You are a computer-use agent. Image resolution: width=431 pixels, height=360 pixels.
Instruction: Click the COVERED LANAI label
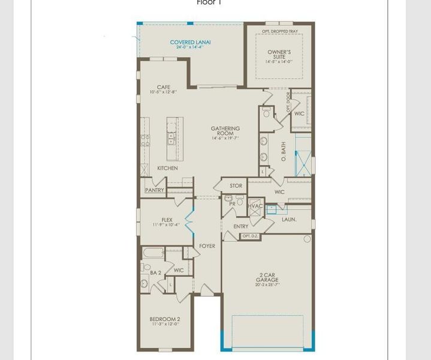[x=190, y=42]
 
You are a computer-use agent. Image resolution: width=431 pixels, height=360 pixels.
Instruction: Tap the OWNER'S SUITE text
[x=279, y=55]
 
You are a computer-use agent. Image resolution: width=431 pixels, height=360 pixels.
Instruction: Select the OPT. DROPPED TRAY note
[x=279, y=31]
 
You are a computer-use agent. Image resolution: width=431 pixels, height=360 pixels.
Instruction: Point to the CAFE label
[x=164, y=87]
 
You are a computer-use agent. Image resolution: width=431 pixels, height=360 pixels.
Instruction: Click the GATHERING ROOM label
[x=225, y=131]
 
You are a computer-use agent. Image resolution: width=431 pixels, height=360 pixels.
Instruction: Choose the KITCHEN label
[x=167, y=168]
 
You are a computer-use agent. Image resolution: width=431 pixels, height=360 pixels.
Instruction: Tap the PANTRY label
[x=154, y=190]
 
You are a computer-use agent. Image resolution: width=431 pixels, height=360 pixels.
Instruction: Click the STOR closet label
[x=236, y=186]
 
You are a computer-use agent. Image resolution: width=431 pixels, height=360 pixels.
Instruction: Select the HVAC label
[x=256, y=206]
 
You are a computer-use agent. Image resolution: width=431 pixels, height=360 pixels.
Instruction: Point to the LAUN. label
[x=289, y=220]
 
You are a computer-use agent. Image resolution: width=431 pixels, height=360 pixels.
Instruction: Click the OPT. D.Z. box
[x=249, y=236]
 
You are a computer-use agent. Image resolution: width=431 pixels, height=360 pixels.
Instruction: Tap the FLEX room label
[x=167, y=220]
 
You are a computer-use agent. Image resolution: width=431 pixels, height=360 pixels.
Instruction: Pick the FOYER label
[x=207, y=246]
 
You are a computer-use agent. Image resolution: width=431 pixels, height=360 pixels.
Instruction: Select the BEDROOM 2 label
[x=165, y=319]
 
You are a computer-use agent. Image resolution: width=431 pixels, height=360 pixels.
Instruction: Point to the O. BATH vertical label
[x=284, y=152]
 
